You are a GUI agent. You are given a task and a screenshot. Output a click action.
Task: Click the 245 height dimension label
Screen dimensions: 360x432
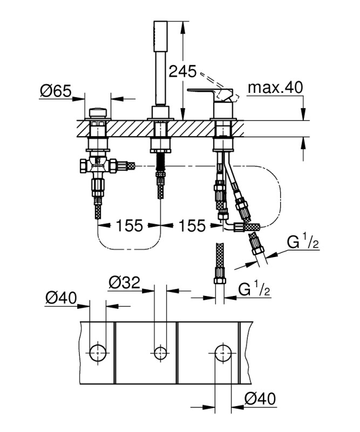182,72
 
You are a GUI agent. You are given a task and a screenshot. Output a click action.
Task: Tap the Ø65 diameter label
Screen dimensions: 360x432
56,91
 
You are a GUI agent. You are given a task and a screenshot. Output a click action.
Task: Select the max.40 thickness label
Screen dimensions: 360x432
275,87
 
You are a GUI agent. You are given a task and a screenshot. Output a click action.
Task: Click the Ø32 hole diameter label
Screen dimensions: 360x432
124,282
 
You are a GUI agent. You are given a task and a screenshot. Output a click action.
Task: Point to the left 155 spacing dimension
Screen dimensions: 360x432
130,226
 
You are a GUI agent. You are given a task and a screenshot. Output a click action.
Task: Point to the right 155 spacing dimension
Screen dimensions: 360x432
192,226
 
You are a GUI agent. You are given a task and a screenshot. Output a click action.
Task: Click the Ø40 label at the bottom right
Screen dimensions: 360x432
260,399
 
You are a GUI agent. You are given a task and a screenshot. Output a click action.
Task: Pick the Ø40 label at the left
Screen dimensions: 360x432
61,298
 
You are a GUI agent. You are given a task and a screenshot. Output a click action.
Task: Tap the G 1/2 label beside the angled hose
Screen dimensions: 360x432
303,241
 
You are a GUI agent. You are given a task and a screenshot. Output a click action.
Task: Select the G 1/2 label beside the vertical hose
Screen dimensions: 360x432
254,289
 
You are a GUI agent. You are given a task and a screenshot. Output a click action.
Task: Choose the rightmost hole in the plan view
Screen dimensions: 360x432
223,353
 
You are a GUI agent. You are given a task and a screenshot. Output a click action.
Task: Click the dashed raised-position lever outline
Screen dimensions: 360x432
220,85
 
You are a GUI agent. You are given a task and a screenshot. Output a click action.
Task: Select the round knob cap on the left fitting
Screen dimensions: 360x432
98,113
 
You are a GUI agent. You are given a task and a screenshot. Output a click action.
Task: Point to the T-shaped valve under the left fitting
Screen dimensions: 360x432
98,165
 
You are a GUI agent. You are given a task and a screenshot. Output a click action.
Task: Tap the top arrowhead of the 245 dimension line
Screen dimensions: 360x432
182,24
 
